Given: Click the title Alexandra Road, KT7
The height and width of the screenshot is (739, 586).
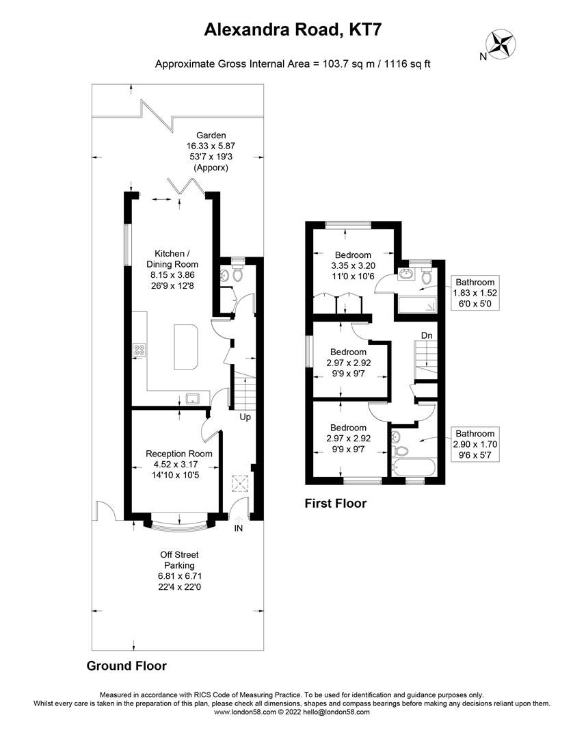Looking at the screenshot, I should coord(293,29).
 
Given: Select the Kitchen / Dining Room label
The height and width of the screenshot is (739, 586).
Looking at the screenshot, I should coord(172,259).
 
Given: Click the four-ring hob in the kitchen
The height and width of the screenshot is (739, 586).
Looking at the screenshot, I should coord(140,350).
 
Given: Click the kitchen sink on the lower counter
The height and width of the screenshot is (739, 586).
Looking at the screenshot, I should coord(192,398).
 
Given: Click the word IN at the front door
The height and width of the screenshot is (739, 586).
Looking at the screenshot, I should coord(238,528).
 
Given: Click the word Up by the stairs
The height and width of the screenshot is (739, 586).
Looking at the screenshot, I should coord(243,417).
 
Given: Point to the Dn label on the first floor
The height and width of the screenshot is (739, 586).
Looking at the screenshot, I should coord(426,335).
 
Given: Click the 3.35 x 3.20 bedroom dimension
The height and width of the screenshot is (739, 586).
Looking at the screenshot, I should coord(353,265).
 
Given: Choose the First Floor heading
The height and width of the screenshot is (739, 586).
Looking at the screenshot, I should coord(335,504).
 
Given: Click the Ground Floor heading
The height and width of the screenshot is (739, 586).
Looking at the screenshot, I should coord(126,666).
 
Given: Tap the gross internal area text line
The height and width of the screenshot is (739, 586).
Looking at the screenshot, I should coord(293,64).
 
